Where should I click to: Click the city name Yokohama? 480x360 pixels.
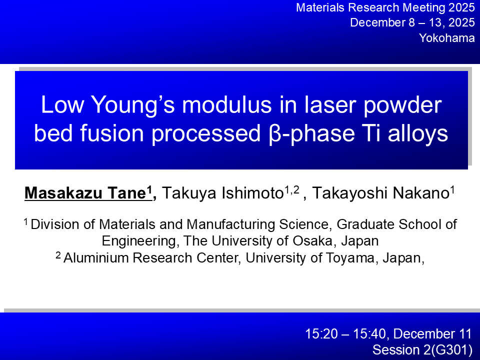(447, 38)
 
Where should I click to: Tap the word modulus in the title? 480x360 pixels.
(227, 104)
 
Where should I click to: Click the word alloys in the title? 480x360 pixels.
(418, 134)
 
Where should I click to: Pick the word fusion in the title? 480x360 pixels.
(112, 133)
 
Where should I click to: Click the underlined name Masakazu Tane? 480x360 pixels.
(85, 193)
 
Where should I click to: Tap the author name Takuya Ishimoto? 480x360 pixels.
(222, 193)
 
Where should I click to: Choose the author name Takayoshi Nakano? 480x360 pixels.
(380, 193)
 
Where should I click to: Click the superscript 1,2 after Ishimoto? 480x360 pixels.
(291, 190)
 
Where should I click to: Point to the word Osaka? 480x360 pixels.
(312, 241)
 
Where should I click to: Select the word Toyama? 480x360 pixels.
(350, 258)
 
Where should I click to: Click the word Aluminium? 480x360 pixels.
(98, 258)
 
